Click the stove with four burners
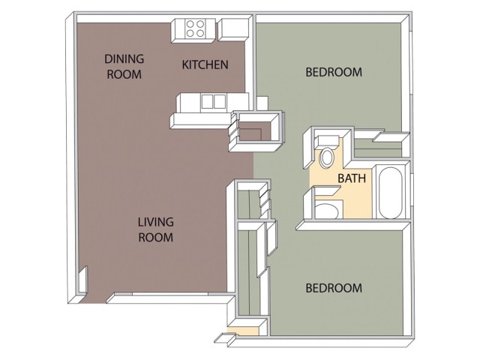(x=196, y=28)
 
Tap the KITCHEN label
(x=205, y=64)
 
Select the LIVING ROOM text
(x=155, y=229)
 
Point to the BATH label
(x=352, y=178)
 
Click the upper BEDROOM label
(x=334, y=73)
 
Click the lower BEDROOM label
(x=334, y=288)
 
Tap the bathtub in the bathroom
(x=391, y=193)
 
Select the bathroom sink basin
(x=326, y=209)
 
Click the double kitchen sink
(x=212, y=101)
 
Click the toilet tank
(x=326, y=140)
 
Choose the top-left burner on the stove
(x=190, y=23)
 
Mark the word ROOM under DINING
(x=124, y=73)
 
